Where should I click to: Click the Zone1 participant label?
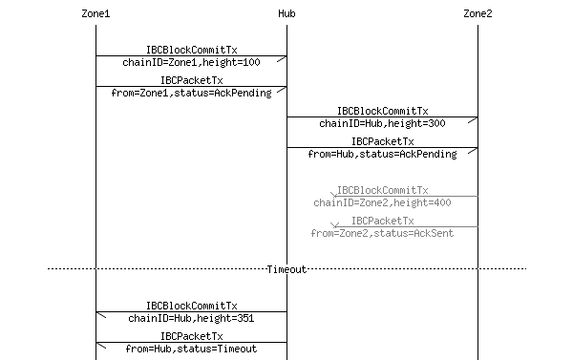click(95, 14)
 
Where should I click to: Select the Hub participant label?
click(286, 14)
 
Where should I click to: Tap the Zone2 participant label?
click(477, 14)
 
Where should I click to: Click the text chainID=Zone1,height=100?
click(191, 62)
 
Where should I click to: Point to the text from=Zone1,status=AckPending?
click(191, 93)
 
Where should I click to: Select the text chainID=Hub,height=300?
click(382, 123)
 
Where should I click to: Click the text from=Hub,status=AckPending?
click(382, 154)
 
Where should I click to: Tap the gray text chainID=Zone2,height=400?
click(382, 202)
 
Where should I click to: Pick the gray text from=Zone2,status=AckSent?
click(382, 233)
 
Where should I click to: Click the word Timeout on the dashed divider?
click(286, 269)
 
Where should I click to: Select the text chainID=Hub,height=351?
click(191, 318)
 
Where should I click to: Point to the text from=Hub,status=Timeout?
click(191, 349)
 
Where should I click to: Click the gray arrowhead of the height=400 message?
click(335, 197)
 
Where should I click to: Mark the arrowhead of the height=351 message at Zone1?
click(99, 313)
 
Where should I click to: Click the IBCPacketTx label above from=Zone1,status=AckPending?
click(191, 81)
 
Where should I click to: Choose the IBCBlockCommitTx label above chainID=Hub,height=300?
click(382, 111)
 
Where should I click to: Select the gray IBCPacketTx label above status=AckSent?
click(382, 221)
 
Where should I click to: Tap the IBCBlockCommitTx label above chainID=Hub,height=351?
click(191, 306)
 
